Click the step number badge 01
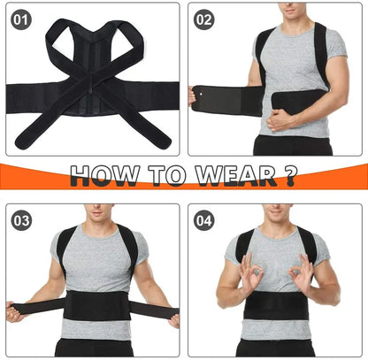click(x=20, y=20)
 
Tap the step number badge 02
click(x=203, y=20)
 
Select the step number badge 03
click(x=21, y=221)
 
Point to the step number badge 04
click(x=204, y=221)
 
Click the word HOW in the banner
click(x=104, y=175)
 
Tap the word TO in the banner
click(x=167, y=175)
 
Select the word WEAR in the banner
click(x=236, y=175)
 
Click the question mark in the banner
click(x=290, y=175)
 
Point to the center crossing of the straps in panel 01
click(x=92, y=80)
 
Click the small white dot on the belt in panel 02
click(x=201, y=95)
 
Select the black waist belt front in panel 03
click(x=97, y=305)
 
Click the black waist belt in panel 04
click(x=276, y=306)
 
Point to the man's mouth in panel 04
click(x=277, y=211)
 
